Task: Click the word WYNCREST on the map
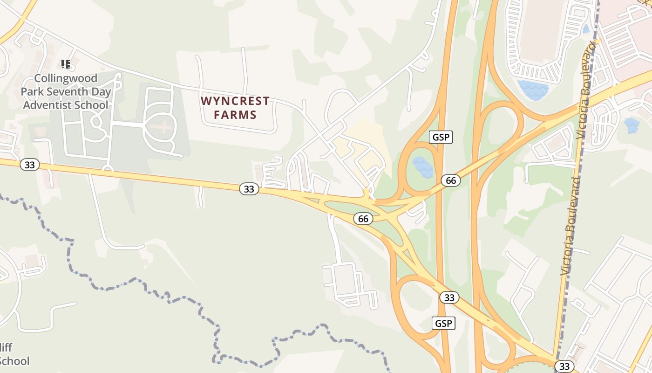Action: coord(235,101)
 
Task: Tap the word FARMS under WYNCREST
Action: coord(235,114)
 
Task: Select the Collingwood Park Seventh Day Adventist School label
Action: coord(66,91)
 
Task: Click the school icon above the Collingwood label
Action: coord(66,64)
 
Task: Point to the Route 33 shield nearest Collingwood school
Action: coord(30,165)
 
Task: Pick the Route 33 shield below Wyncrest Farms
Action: coord(249,189)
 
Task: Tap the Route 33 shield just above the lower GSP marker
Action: coord(449,297)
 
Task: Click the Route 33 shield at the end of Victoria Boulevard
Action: coord(564,366)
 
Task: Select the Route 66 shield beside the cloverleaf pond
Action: coord(451,180)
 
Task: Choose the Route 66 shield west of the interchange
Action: coord(363,218)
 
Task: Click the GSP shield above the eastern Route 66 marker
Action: coord(441,137)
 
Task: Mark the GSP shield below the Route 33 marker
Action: coord(443,323)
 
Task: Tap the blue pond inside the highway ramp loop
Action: coord(423,167)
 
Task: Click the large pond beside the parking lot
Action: coord(533,90)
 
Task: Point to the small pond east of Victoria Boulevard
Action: coord(632,124)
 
